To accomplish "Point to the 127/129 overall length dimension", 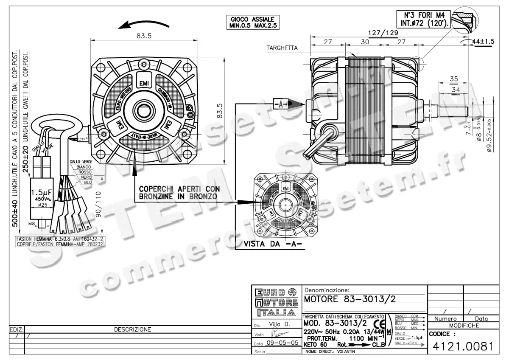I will [383, 33].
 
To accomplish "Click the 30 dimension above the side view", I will [365, 42].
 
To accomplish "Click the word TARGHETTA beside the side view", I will [282, 48].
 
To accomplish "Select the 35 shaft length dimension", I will [454, 79].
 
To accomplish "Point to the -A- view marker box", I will [280, 103].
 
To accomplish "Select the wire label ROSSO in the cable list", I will [85, 172].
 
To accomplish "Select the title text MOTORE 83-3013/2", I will [350, 299].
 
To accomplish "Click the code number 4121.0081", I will [463, 346].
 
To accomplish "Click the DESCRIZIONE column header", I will [132, 329].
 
